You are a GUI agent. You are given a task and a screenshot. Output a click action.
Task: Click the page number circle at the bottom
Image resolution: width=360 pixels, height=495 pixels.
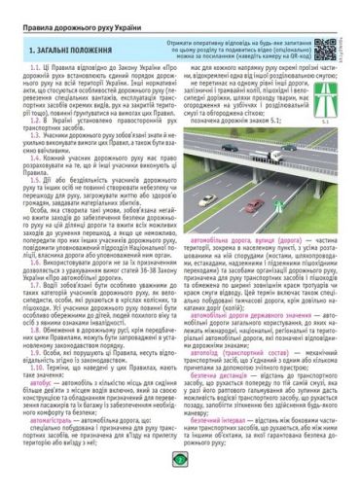(179, 483)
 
